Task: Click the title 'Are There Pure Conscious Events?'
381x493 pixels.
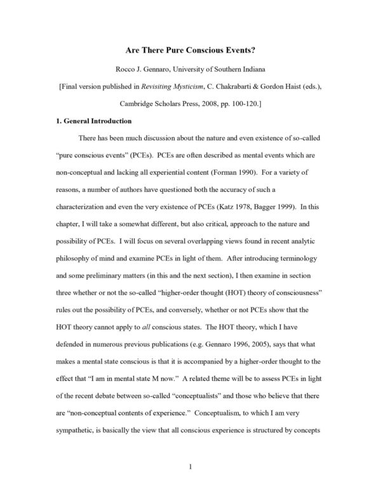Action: coord(190,48)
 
